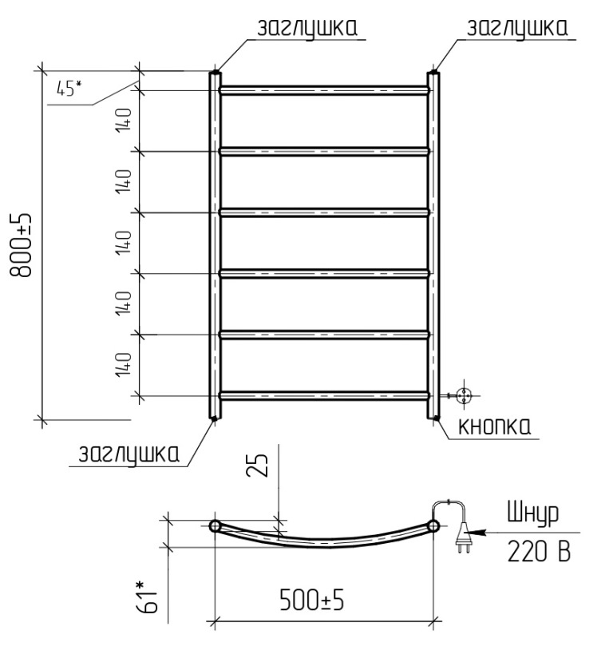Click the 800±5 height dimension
pos(20,245)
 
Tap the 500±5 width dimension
pos(312,600)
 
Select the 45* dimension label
pos(69,88)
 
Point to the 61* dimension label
pos(146,597)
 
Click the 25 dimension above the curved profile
pos(257,465)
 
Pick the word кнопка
pos(494,426)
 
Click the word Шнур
pos(532,513)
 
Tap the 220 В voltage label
pos(539,551)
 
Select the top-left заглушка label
pos(307,29)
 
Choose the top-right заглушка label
pos(517,29)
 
